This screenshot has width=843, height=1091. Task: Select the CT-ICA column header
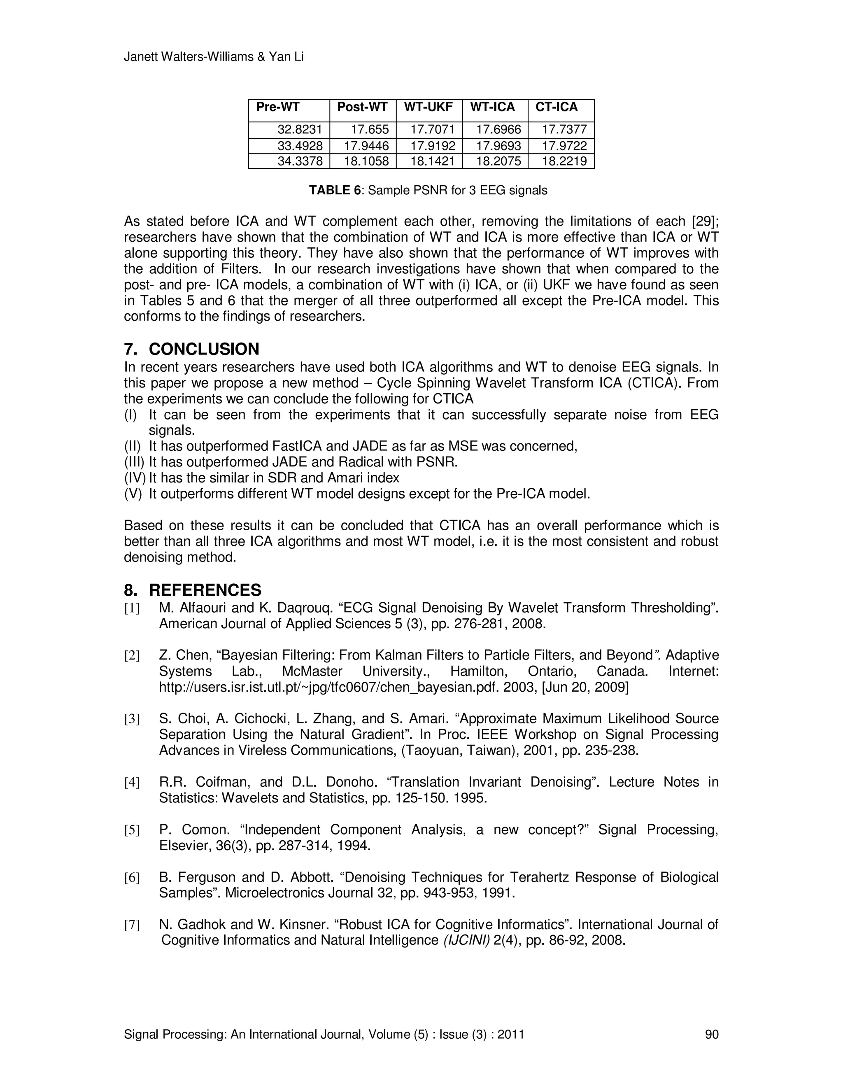click(557, 107)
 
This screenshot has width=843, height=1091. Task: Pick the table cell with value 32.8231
click(300, 130)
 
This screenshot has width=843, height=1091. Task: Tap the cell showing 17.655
click(370, 130)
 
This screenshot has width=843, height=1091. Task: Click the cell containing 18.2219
click(564, 161)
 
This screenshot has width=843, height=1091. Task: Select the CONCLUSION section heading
click(204, 349)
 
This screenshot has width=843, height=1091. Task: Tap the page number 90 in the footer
click(711, 1035)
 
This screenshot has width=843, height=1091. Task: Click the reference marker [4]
click(132, 783)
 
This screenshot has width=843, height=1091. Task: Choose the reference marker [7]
click(132, 925)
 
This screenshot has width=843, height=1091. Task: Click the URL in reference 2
click(328, 688)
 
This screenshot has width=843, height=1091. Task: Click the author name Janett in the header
click(140, 57)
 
